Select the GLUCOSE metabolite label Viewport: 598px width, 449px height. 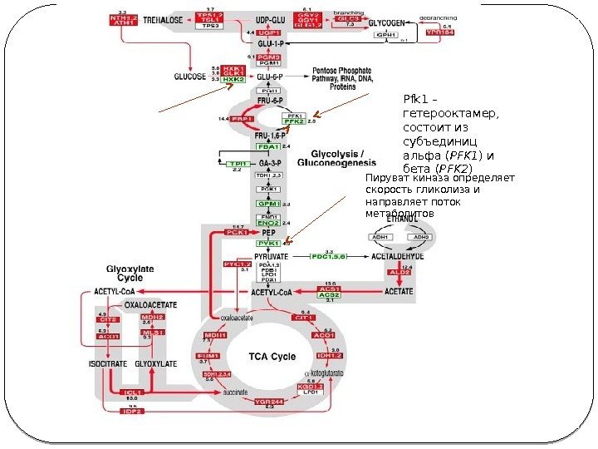coord(190,76)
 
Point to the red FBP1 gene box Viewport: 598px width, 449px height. coord(243,120)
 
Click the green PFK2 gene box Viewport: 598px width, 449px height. coord(294,121)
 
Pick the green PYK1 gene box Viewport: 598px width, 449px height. coord(267,243)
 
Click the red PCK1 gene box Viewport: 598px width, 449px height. coord(235,233)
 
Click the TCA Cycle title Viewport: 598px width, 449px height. coord(272,357)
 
